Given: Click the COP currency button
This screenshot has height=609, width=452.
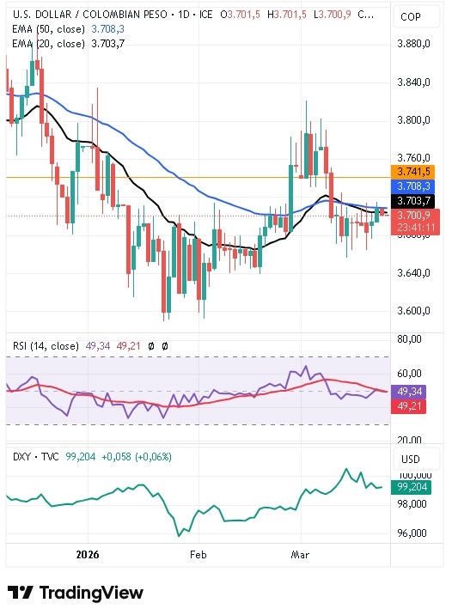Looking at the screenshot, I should (411, 17).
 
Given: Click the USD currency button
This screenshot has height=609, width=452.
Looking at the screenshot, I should (411, 460).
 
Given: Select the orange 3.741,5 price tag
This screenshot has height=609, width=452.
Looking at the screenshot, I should (410, 171).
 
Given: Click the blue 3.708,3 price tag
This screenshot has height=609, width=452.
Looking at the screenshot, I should (410, 186).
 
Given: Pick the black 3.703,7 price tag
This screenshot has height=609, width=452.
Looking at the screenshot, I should (410, 200).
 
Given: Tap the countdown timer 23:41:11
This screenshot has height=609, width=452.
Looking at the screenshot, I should (410, 228).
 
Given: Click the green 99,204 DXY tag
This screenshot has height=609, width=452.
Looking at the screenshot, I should (410, 487).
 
